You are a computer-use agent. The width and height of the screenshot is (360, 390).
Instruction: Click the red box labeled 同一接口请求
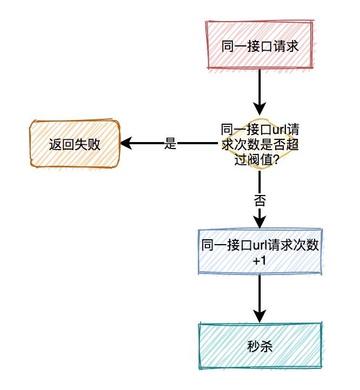pos(259,46)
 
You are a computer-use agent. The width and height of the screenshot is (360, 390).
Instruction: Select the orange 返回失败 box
pos(75,144)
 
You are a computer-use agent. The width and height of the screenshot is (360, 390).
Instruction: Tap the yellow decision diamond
pos(260,144)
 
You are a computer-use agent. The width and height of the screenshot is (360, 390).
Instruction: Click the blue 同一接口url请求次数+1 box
pos(260,252)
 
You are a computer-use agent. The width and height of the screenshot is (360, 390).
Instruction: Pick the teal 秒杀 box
pos(260,346)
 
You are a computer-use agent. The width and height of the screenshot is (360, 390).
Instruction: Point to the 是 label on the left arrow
pos(170,144)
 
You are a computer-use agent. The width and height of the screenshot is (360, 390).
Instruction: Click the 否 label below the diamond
pos(260,200)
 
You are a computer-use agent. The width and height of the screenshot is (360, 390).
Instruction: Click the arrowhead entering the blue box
pos(260,221)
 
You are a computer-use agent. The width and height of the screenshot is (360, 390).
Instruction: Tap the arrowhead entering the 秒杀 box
pos(260,316)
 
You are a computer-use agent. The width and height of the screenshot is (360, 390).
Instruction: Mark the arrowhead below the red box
pos(260,106)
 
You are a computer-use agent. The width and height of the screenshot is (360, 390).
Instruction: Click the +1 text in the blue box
pos(260,260)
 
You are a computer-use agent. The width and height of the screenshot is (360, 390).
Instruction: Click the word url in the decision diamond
pos(278,130)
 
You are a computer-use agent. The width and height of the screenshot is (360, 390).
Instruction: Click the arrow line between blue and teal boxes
pos(260,294)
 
